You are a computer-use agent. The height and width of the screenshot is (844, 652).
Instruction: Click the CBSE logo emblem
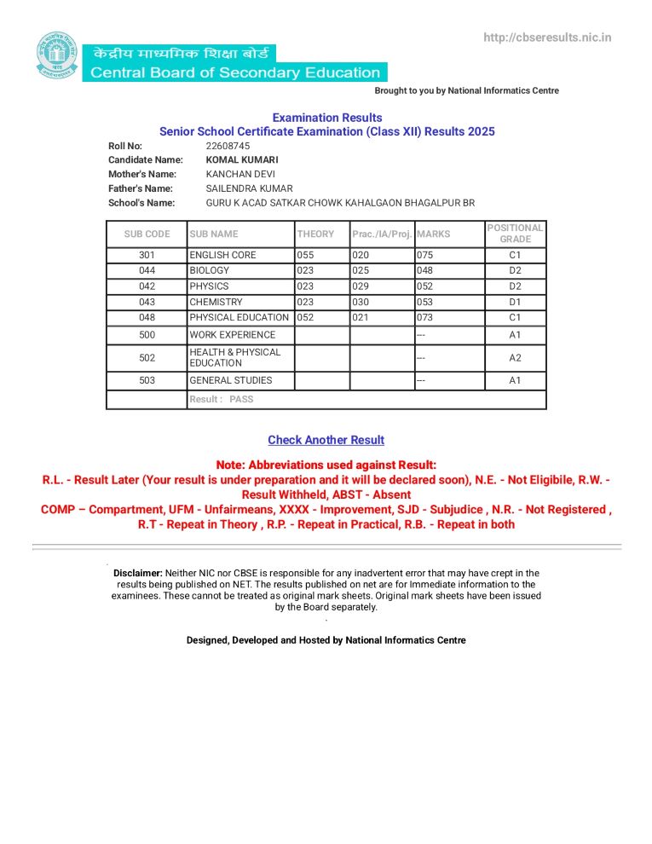point(55,55)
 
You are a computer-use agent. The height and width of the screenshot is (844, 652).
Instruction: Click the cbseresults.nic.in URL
point(547,38)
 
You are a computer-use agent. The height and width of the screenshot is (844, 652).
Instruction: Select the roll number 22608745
point(228,146)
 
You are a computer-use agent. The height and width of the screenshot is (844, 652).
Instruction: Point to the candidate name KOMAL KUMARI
point(242,159)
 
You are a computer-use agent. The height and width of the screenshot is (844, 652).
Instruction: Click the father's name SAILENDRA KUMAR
point(249,188)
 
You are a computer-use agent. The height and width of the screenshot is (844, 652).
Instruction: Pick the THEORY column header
point(315,234)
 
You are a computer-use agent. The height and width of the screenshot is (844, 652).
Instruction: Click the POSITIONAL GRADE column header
point(515,234)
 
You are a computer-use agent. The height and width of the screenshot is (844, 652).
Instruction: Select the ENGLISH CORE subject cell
point(222,255)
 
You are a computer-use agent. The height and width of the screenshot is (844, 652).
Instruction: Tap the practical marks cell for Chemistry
point(361,302)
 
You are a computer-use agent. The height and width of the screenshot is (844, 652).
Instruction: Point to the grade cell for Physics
point(515,286)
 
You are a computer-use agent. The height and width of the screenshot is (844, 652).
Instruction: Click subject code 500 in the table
point(147,335)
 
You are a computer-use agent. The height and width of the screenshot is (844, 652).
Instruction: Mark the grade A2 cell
point(515,358)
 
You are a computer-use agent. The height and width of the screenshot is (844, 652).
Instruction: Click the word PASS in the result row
point(241,399)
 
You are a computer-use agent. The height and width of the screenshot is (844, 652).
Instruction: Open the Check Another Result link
point(326,440)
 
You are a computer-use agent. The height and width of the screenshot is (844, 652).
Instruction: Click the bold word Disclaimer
point(138,573)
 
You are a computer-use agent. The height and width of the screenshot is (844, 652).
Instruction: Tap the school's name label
point(141,202)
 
